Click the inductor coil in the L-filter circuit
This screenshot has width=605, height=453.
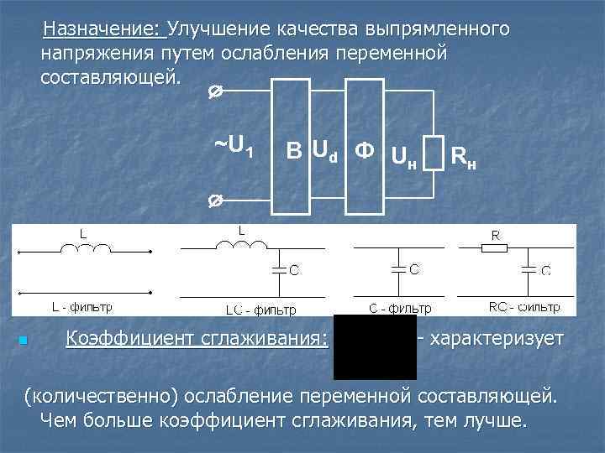tap(84, 248)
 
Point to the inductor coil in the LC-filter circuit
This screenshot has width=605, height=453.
tap(241, 246)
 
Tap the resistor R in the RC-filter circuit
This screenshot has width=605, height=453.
tap(495, 247)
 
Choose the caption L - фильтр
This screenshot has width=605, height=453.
tap(82, 307)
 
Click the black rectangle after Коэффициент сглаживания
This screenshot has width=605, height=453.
tap(375, 346)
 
